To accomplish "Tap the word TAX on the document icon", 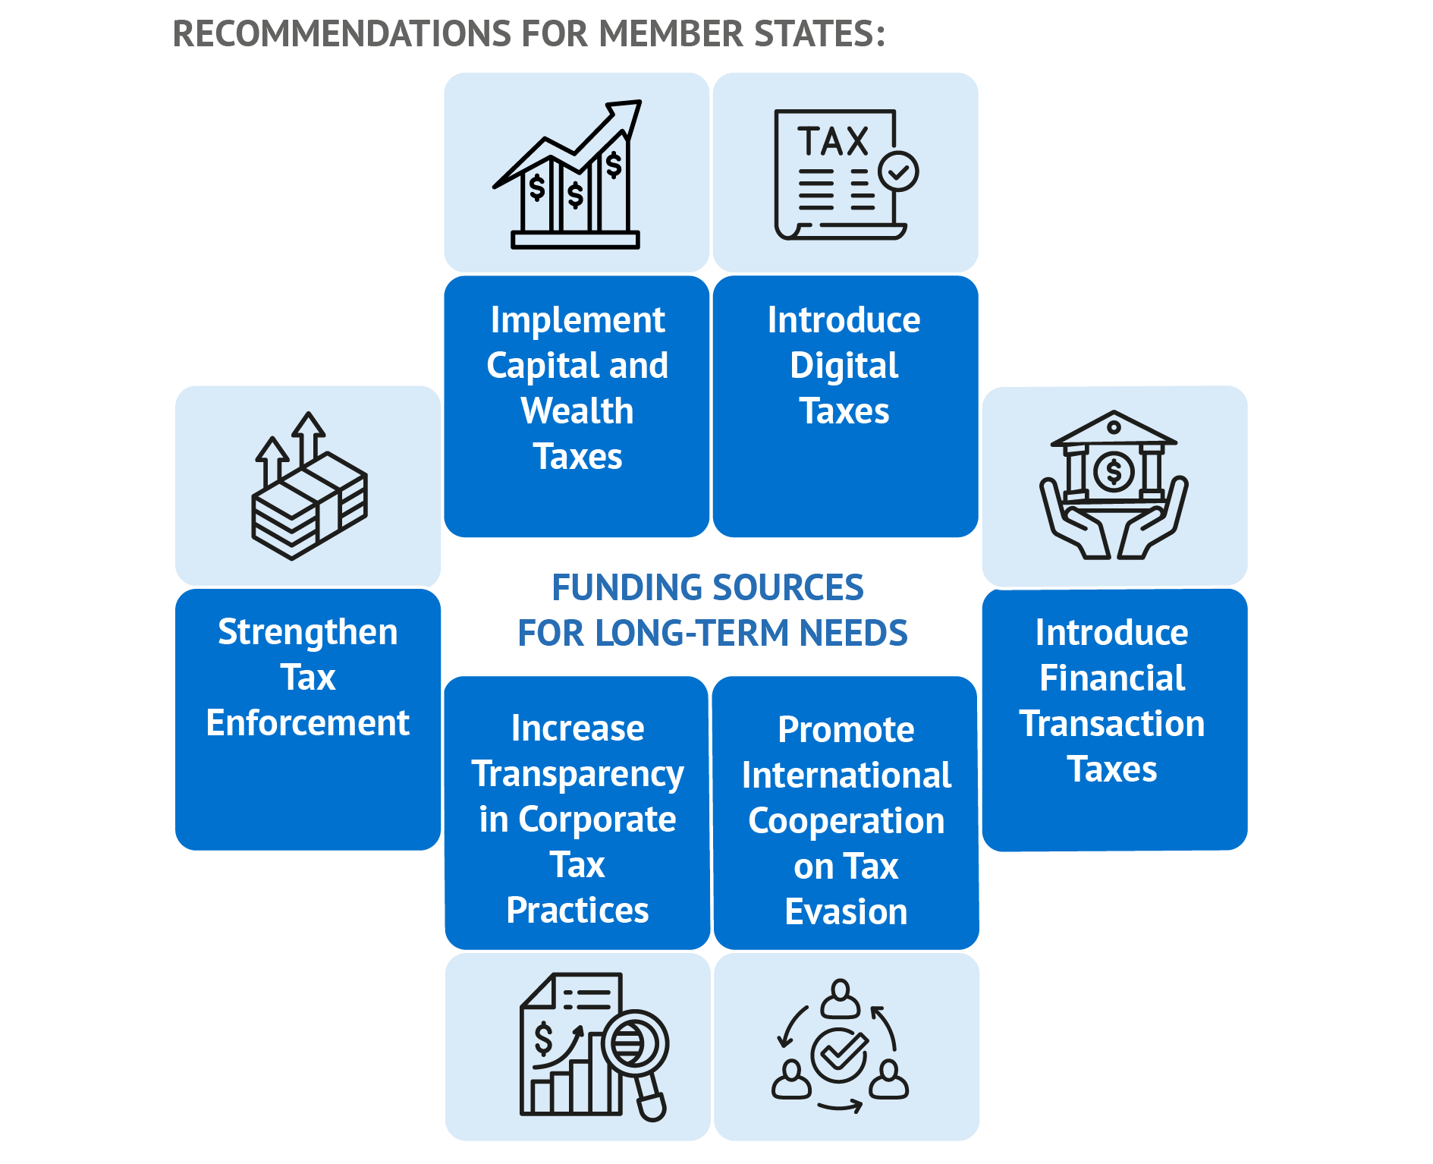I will click(x=832, y=141).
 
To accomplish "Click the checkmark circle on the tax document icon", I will click(x=898, y=171).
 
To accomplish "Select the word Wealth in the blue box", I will click(x=577, y=411).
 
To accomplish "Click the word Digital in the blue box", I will click(x=844, y=366).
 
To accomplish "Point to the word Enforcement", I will click(x=307, y=722).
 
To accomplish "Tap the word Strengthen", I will click(x=307, y=632).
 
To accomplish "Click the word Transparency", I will click(x=577, y=774).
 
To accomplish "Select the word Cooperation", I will click(x=846, y=821).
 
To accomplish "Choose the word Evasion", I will click(x=846, y=911).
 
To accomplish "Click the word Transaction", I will click(x=1111, y=724).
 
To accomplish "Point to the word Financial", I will click(x=1111, y=678).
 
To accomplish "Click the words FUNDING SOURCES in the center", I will click(x=707, y=587).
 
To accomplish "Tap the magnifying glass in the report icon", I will click(x=634, y=1046).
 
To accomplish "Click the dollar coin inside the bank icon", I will click(x=1114, y=472).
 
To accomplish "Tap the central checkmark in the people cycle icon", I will click(x=839, y=1053).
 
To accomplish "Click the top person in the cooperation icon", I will click(x=840, y=998).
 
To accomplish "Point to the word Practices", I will click(x=577, y=911).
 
